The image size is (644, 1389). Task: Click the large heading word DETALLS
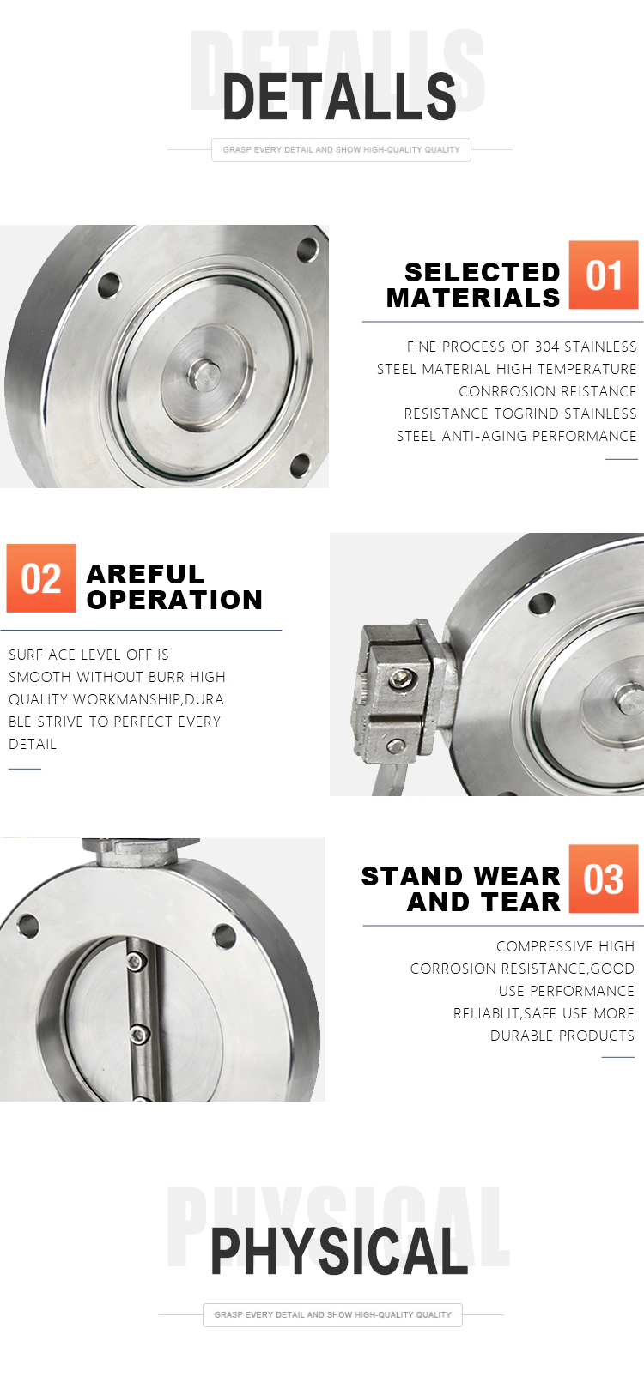(339, 96)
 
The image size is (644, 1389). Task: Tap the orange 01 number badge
(604, 275)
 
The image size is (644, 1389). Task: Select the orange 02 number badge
(41, 578)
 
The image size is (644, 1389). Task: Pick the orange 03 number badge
(604, 878)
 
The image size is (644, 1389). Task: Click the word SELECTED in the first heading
(482, 272)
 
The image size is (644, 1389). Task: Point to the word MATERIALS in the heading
(473, 299)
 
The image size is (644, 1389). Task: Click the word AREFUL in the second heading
(145, 574)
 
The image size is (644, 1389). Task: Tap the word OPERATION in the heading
(174, 601)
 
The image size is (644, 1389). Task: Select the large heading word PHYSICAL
(339, 1252)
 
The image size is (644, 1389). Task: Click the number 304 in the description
(547, 347)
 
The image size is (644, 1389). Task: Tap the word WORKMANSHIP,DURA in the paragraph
(148, 699)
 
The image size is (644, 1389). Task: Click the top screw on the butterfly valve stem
(135, 962)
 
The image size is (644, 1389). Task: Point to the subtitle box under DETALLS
(341, 150)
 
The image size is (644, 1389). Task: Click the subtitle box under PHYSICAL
(332, 1314)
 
